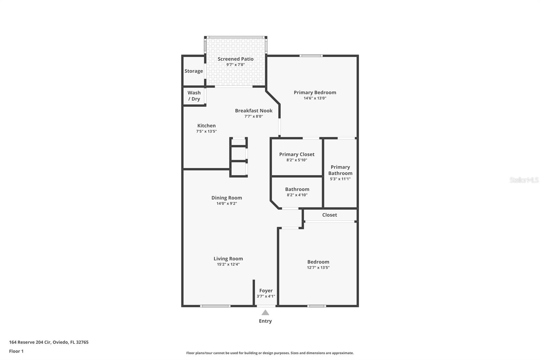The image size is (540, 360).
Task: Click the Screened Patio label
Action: [236, 59]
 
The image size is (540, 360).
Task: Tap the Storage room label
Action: [194, 71]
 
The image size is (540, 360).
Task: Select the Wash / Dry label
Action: [194, 96]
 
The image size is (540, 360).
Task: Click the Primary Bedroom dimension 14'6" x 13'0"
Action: [315, 98]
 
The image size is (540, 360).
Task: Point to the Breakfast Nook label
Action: [253, 110]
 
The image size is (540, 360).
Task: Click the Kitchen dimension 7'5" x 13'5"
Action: [206, 131]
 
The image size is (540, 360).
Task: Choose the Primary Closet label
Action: [297, 154]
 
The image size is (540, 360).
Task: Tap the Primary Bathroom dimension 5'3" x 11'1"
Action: [340, 179]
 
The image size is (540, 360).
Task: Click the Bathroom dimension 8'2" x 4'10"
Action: [297, 195]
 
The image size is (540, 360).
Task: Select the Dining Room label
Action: [226, 198]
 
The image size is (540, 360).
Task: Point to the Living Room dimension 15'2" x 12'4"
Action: [228, 264]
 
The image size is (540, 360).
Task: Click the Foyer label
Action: [266, 290]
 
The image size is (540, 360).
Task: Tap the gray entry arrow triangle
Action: [265, 313]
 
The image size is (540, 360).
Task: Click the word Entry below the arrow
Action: [265, 321]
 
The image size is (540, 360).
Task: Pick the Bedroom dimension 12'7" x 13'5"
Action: [318, 267]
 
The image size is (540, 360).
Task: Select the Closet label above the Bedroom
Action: [329, 215]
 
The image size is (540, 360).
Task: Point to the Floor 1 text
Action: [17, 351]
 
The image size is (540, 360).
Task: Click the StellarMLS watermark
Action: [524, 180]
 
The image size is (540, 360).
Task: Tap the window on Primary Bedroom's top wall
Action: [311, 56]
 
